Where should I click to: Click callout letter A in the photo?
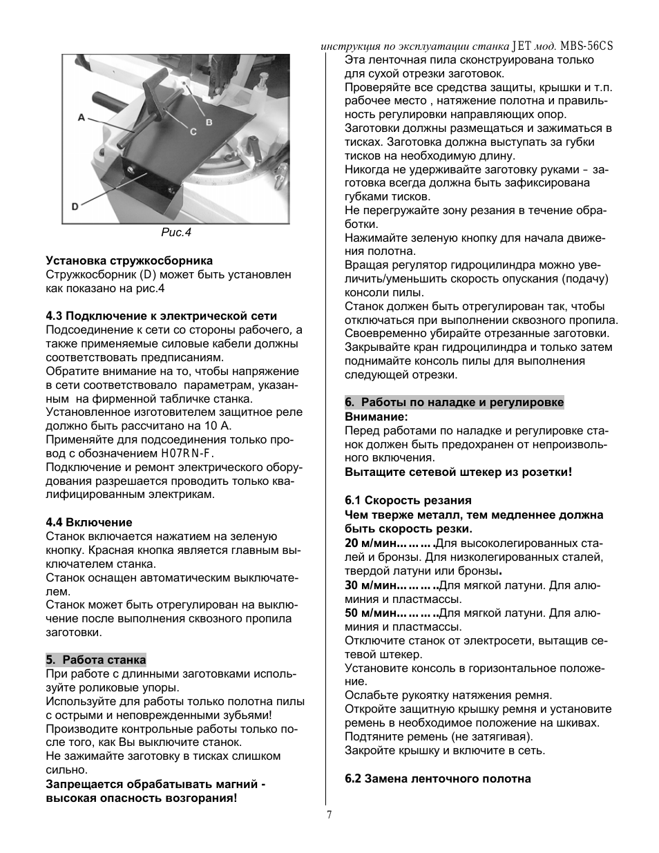82,117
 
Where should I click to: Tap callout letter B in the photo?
209,122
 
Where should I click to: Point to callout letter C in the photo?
193,132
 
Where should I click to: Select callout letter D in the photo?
75,207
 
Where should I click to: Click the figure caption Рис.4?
176,232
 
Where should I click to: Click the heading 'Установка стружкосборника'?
129,260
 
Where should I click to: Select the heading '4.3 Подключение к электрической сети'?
162,316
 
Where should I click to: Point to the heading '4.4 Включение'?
89,522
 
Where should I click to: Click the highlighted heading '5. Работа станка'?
96,660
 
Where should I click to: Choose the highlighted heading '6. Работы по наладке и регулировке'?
455,402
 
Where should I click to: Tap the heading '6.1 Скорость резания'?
408,500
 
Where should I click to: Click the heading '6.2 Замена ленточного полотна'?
438,778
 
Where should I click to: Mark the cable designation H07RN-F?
187,453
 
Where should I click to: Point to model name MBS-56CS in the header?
586,46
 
